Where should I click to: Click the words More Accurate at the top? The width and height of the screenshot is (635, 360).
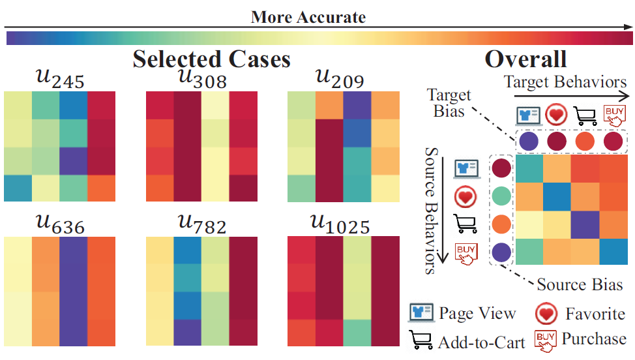(308, 17)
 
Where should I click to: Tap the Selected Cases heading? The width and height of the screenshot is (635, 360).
(211, 59)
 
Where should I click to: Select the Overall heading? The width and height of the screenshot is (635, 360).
(525, 59)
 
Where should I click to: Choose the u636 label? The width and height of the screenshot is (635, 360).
(60, 225)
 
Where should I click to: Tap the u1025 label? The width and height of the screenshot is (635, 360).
(342, 225)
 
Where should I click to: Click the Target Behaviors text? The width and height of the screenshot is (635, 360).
(565, 82)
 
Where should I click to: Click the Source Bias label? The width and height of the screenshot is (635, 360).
(580, 284)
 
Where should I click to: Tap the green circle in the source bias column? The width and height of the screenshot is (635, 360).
(501, 196)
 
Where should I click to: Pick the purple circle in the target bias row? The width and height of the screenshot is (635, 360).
(528, 141)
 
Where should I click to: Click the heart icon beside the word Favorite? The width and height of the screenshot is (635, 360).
(546, 314)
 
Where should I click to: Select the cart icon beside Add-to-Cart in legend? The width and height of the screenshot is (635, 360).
(421, 340)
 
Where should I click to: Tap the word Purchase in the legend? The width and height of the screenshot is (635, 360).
(593, 339)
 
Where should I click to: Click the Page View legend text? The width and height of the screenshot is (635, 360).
(478, 313)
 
